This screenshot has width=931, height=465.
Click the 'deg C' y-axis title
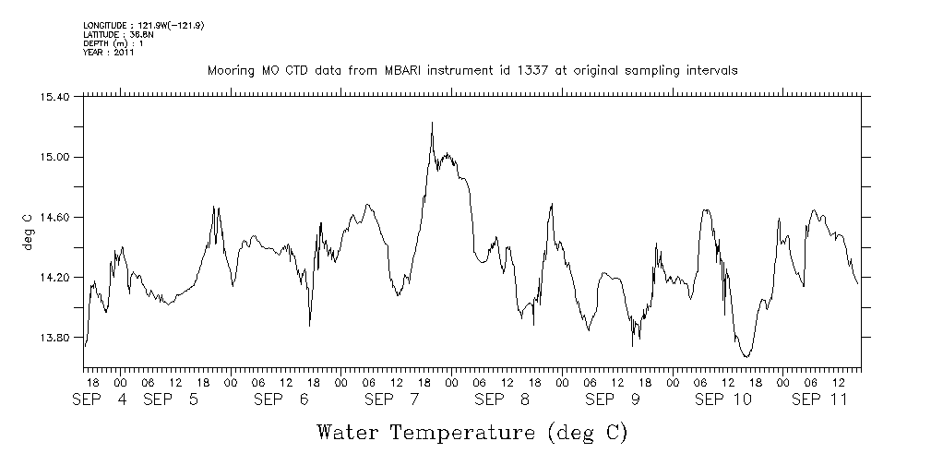pyautogui.click(x=27, y=231)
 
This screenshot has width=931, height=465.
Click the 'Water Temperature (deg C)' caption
pyautogui.click(x=471, y=432)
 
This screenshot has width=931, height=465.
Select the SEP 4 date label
pyautogui.click(x=102, y=399)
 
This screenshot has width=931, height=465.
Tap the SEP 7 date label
pyautogui.click(x=392, y=399)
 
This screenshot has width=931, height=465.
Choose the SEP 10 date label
pyautogui.click(x=722, y=399)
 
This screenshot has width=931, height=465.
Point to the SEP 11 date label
pyautogui.click(x=820, y=399)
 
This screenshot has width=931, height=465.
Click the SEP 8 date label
pyautogui.click(x=502, y=399)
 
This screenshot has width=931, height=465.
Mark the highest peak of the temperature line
pyautogui.click(x=431, y=123)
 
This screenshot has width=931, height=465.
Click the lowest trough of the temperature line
pyautogui.click(x=746, y=356)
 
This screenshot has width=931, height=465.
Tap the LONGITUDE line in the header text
pyautogui.click(x=143, y=25)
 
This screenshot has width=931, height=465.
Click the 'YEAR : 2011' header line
pyautogui.click(x=109, y=53)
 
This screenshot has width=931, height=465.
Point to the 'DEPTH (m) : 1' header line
pyautogui.click(x=113, y=43)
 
